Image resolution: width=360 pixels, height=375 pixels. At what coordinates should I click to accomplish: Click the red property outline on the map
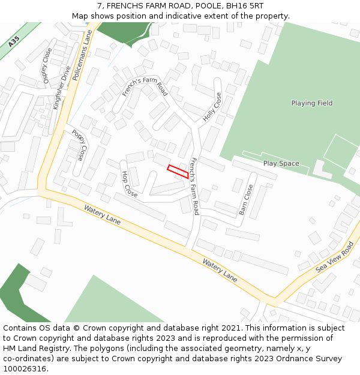178,171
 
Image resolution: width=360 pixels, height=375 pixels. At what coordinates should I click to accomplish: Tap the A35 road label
14,41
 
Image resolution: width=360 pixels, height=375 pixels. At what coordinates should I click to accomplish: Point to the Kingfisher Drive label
61,87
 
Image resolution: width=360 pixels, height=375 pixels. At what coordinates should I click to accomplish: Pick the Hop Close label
130,184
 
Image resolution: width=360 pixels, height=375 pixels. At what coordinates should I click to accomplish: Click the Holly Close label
212,107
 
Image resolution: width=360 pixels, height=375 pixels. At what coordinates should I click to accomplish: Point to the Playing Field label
311,103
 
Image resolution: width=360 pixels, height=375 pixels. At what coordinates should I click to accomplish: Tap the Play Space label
281,163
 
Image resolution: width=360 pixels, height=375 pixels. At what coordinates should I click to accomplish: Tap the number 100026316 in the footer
26,368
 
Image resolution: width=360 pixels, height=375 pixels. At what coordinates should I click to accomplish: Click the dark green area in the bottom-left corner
18,294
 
